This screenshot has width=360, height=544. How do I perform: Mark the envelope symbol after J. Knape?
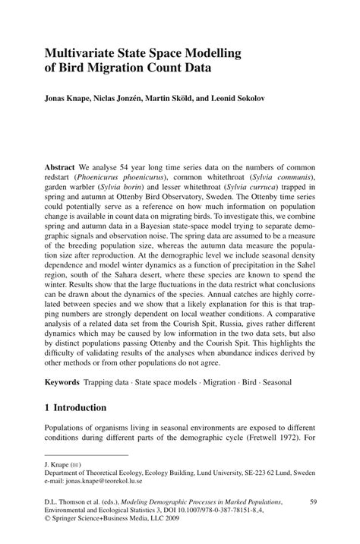[77, 463]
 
